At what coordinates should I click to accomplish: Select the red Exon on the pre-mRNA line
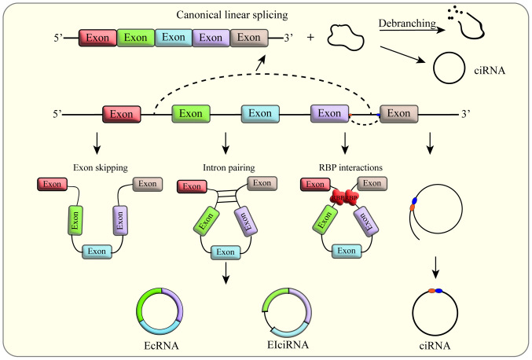(x=123, y=114)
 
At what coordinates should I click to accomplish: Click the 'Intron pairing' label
(x=226, y=167)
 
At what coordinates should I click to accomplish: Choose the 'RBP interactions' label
(x=346, y=167)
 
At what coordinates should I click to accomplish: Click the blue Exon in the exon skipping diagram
(x=98, y=251)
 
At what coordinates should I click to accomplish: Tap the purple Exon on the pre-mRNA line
(x=331, y=114)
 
